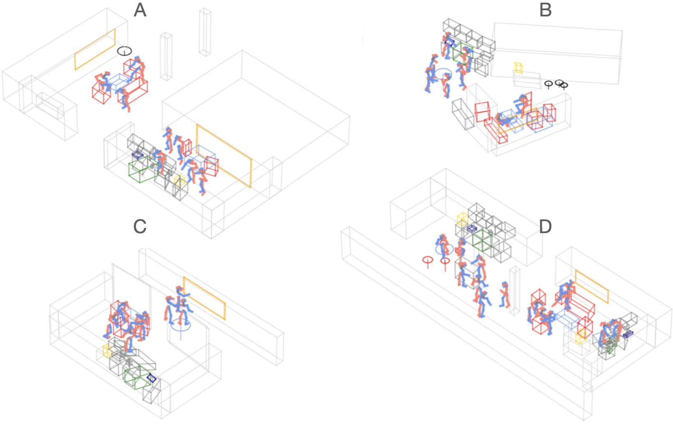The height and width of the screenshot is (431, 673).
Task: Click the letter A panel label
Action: click(x=140, y=10)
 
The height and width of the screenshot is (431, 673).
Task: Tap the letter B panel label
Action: click(x=545, y=10)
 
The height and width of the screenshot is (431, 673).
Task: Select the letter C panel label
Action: click(x=140, y=226)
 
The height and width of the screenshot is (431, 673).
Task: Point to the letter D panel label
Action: click(x=545, y=226)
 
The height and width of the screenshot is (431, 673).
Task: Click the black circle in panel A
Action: click(x=124, y=51)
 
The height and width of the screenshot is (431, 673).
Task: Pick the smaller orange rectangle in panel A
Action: click(x=95, y=49)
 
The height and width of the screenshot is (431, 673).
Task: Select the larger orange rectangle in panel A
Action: click(x=224, y=156)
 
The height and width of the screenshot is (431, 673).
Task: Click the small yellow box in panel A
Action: click(x=179, y=180)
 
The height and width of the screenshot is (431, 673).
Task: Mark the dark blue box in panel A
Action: click(x=137, y=155)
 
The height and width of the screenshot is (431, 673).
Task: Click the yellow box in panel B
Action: click(x=519, y=68)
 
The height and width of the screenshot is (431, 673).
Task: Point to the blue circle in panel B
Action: click(x=444, y=73)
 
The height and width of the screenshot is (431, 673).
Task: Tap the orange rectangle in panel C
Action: click(x=204, y=298)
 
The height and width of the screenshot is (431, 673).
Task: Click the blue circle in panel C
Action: click(x=181, y=325)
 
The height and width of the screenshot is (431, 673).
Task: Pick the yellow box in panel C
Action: click(x=107, y=351)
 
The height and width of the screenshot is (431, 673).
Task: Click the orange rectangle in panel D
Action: click(x=592, y=286)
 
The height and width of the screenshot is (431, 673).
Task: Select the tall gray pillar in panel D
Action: click(x=514, y=290)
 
